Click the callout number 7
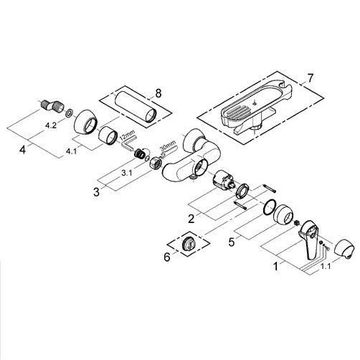[310, 78]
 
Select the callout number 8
[158, 93]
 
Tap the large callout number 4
[22, 150]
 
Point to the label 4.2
[51, 125]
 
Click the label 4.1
[71, 151]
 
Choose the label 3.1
[126, 174]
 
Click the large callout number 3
[96, 191]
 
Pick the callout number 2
[191, 219]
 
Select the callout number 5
[231, 242]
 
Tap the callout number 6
[167, 257]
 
